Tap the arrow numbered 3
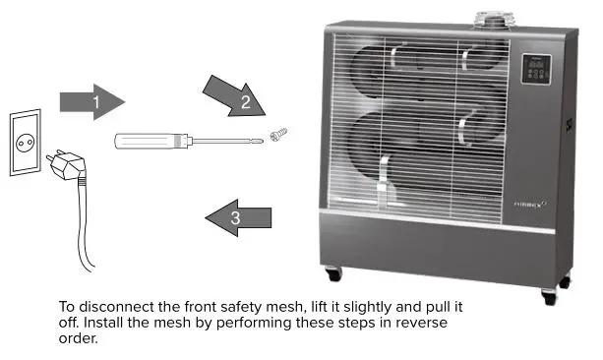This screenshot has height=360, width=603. [x=239, y=216]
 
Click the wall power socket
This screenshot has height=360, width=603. [x=26, y=143]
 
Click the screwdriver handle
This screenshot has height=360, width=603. [x=146, y=140]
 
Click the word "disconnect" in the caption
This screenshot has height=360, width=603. [x=114, y=307]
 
